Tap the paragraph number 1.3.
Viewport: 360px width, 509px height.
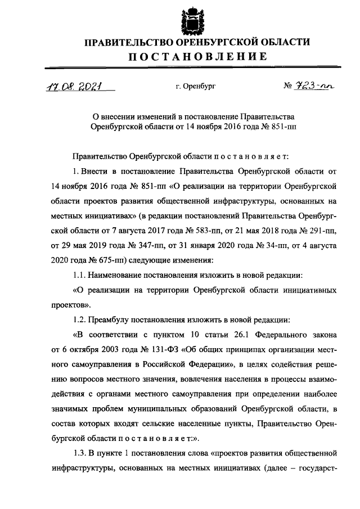(x=79, y=452)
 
